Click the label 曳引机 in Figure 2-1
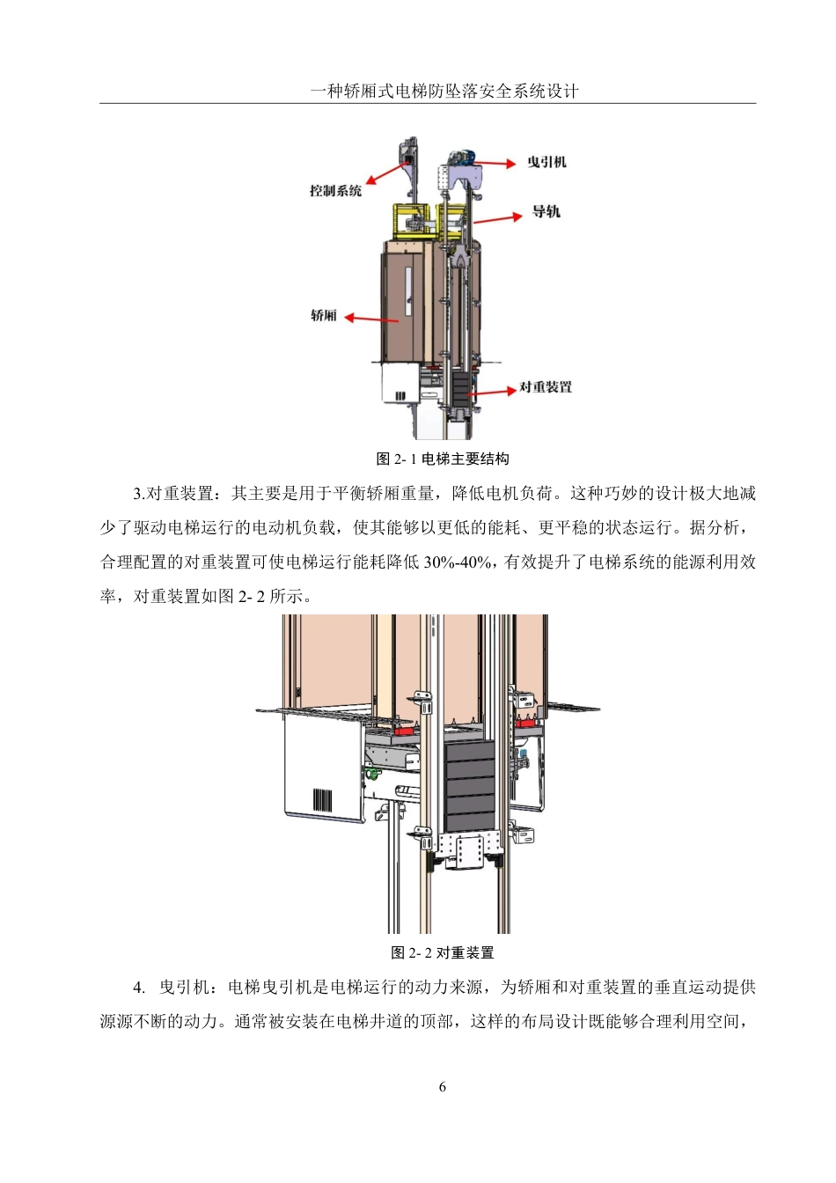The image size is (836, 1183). coord(546,162)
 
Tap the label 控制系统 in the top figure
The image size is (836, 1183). coord(335,191)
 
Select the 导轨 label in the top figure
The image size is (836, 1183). coord(546,212)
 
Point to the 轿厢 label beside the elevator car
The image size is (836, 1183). coord(324,316)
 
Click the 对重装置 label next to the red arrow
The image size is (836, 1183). coord(546,387)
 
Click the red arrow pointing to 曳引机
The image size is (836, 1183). coord(497,163)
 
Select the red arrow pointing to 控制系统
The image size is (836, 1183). coord(383,174)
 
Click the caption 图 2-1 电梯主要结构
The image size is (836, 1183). coord(443,459)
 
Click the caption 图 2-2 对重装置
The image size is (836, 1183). coord(443,953)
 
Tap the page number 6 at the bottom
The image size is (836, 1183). coord(443,1087)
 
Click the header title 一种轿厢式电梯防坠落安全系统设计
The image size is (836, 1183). coord(444,92)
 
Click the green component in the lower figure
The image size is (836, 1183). coord(370,775)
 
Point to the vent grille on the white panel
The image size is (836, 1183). coord(323,800)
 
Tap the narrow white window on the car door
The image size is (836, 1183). coord(408,291)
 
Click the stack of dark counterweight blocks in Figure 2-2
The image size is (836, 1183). coord(470,786)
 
